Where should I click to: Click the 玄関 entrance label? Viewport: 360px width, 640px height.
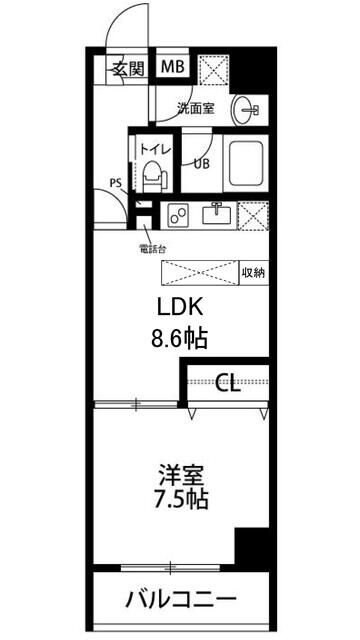coord(126,68)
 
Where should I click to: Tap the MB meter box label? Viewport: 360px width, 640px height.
coord(173,68)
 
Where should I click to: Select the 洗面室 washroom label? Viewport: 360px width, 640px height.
coord(196,108)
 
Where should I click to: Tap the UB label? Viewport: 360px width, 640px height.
coord(202,163)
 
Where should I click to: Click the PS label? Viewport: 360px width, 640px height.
coord(116,183)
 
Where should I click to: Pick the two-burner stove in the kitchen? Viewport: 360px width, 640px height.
coord(181,213)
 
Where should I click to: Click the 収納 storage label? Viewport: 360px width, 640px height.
coord(252,272)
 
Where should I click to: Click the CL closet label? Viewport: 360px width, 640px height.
coord(228,384)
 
